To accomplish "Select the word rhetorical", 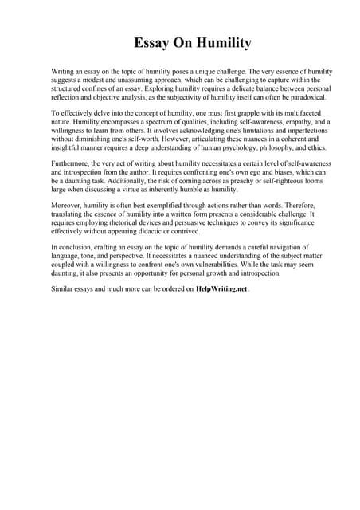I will pyautogui.click(x=119, y=222).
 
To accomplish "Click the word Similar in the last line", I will pyautogui.click(x=64, y=289).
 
